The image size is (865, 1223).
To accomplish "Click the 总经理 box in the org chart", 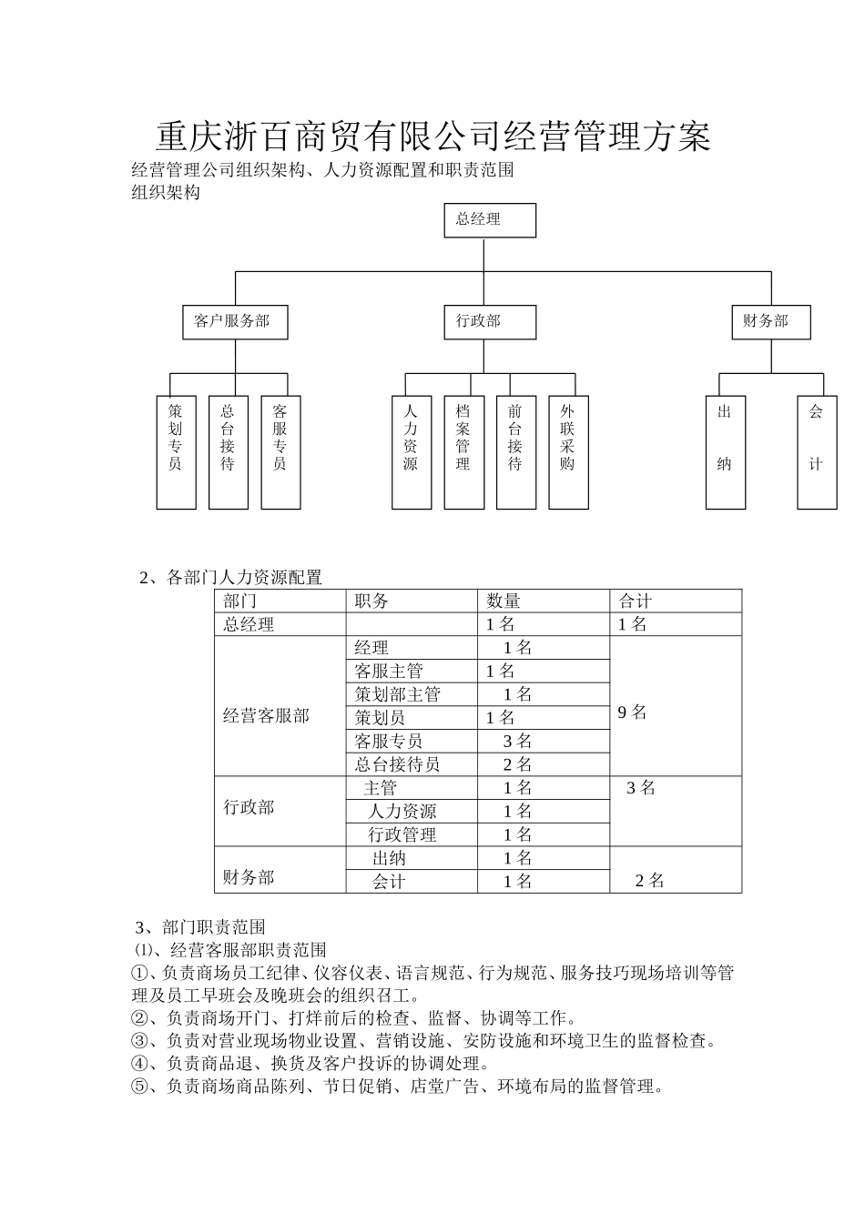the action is tap(490, 220).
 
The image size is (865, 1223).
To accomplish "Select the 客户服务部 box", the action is tap(235, 322).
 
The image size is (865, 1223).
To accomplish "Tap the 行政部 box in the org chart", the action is tap(490, 322).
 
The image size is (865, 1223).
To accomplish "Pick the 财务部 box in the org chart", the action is tap(770, 322).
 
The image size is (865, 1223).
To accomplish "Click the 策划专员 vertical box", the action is tap(176, 452).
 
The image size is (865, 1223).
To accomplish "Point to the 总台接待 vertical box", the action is tap(228, 452).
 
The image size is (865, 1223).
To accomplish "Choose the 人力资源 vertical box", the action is tap(412, 452).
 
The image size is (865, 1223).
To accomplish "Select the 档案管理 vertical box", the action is tap(463, 452).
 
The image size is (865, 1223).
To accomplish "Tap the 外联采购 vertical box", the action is tap(568, 452).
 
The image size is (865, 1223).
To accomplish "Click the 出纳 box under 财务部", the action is tap(726, 452).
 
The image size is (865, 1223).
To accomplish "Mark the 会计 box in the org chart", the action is tap(817, 452).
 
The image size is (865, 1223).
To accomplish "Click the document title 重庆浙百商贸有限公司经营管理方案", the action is tap(432, 136).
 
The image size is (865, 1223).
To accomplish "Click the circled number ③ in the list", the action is tap(139, 1041).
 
